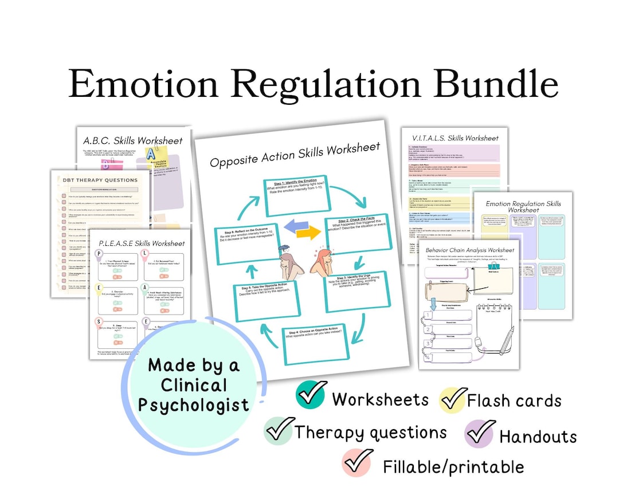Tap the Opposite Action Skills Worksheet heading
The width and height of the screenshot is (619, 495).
point(295,155)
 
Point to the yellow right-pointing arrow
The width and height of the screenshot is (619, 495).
point(308,233)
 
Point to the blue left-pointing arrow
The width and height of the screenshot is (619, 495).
point(285,226)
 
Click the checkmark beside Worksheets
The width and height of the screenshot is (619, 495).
point(312,395)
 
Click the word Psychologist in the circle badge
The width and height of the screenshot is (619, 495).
point(194,404)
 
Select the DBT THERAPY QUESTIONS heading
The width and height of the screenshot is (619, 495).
point(101,180)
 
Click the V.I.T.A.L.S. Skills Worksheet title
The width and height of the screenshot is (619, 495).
point(455,138)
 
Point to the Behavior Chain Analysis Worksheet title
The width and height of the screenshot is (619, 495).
point(469,250)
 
